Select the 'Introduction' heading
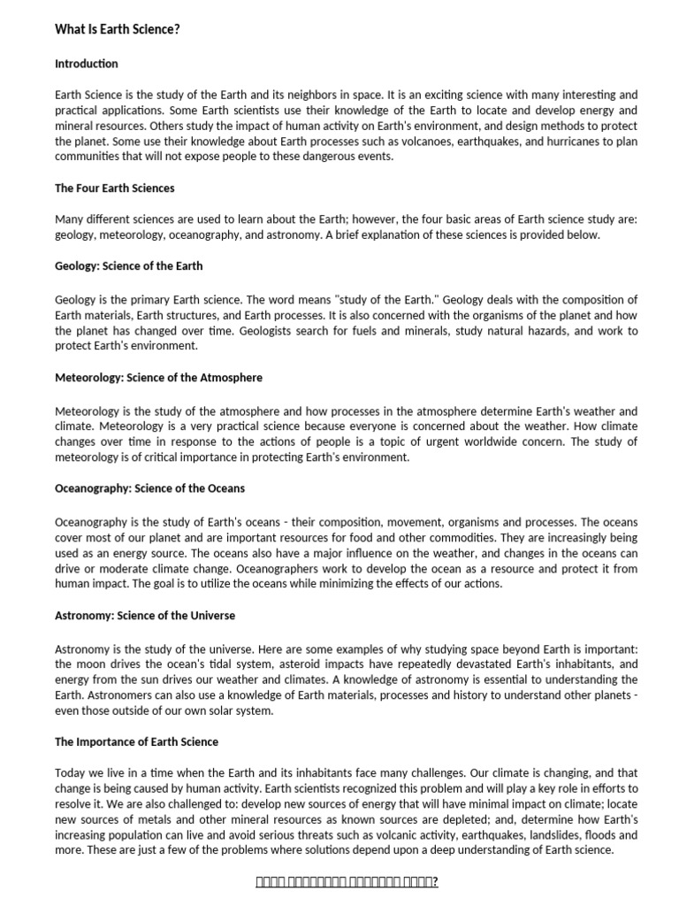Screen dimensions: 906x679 point(87,64)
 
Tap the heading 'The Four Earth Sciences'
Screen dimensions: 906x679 point(115,188)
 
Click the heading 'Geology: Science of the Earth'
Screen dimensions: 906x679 point(129,266)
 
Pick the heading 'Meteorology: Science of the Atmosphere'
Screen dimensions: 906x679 point(158,378)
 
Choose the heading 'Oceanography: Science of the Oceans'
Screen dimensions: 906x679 point(150,488)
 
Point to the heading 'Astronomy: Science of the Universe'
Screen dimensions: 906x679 point(145,616)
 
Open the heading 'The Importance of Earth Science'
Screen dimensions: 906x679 point(136,741)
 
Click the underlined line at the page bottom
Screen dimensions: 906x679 point(347,882)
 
